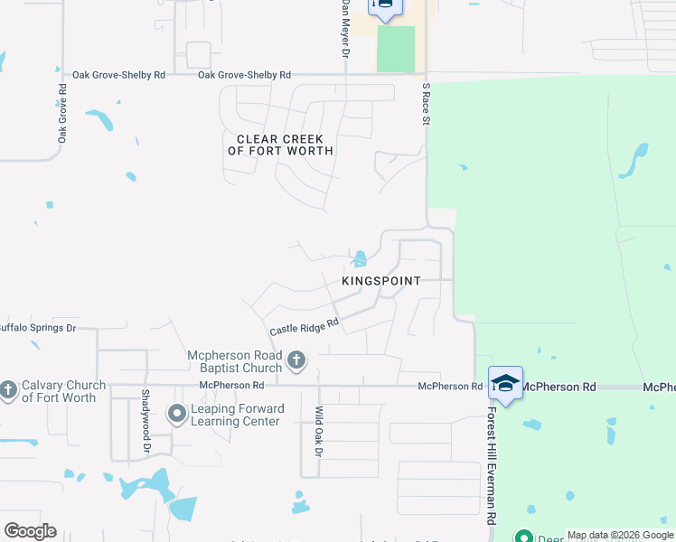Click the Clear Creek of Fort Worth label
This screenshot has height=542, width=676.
280,145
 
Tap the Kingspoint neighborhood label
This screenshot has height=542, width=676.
380,281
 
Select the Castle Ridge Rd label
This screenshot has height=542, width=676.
304,326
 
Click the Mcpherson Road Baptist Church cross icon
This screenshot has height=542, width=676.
296,362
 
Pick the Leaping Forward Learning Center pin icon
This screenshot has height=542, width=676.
177,415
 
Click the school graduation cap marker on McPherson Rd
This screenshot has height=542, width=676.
505,383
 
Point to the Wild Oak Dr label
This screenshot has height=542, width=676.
318,431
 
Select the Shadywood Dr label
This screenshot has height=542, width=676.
145,415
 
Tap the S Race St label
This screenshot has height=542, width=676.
426,104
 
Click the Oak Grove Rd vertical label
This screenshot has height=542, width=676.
62,114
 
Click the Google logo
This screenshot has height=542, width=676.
30,531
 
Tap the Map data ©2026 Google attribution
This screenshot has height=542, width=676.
620,535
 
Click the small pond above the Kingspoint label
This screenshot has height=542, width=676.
360,258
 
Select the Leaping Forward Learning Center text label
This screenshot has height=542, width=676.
237,416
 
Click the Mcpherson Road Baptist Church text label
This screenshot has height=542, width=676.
235,362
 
